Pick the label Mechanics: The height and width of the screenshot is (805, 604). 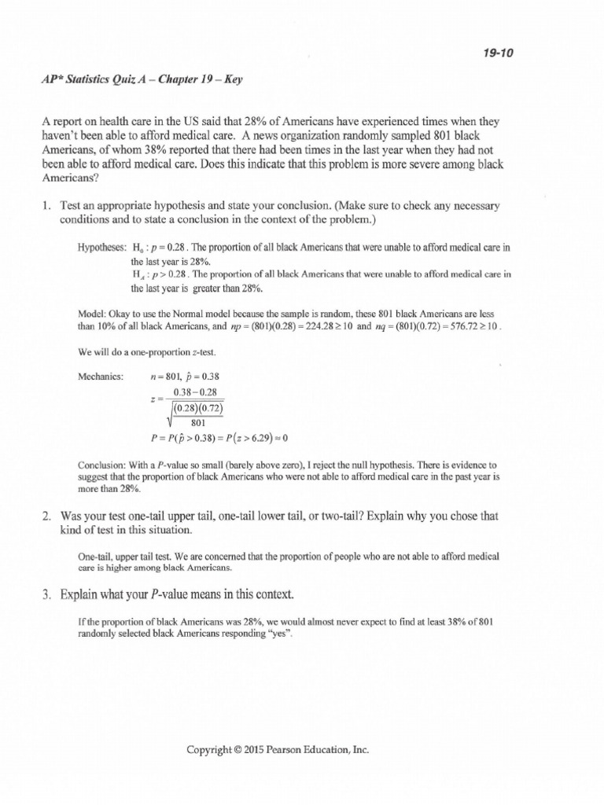[x=101, y=376]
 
